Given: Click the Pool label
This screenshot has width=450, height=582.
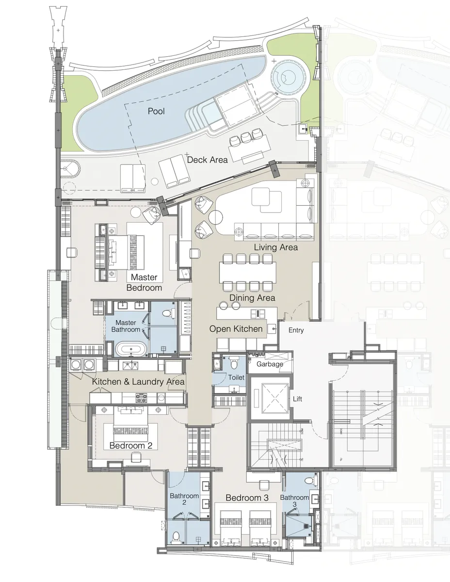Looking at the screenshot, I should coord(156,112).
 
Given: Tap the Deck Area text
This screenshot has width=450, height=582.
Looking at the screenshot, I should coord(207,160).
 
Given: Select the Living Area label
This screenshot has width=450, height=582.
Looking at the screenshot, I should coord(275,247).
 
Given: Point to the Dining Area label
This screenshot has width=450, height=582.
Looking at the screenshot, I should coord(252,298).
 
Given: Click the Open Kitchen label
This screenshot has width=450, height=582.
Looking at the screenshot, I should coord(236,329).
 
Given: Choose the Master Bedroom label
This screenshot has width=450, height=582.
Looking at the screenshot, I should coord(144,282).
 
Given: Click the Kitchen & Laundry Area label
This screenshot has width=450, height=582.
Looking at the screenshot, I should coord(139,382).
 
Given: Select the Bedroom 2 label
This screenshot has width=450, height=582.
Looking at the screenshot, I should coord(131,445).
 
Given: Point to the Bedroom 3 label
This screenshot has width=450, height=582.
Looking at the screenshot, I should coord(247,498).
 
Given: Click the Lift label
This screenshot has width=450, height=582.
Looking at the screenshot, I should coord(298,399).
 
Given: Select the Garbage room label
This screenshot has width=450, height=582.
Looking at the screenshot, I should coord(270,364).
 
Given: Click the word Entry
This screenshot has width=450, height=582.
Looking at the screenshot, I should coord(296,330).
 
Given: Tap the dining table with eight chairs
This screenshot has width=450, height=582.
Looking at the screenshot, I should coord(247,272).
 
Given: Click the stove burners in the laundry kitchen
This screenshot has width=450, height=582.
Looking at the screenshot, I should coord(142,398).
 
